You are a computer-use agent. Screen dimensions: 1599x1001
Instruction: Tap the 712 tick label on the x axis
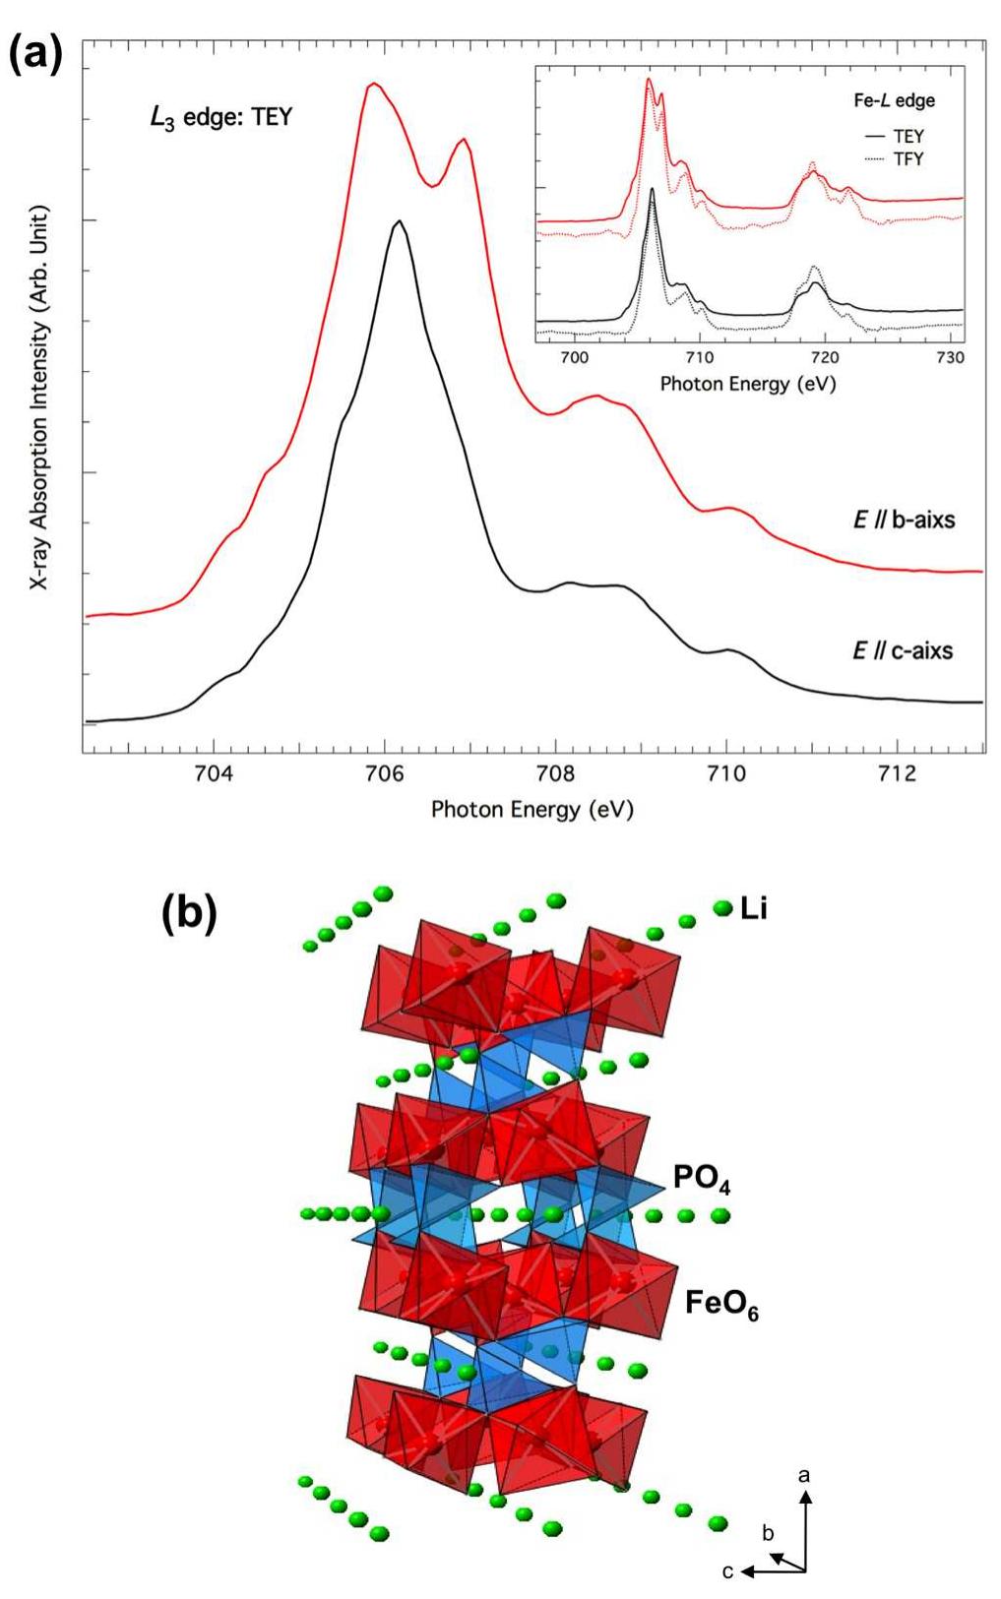(895, 773)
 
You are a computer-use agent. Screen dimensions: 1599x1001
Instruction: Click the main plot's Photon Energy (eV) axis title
(532, 810)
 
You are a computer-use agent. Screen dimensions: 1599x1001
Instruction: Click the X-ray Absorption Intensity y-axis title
(38, 398)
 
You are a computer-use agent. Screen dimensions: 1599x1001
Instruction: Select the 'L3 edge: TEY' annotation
(220, 117)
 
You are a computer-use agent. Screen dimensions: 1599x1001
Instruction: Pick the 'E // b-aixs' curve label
(903, 519)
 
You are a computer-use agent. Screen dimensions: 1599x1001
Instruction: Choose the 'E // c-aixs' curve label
(902, 650)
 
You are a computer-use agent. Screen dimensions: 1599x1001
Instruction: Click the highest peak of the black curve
(398, 221)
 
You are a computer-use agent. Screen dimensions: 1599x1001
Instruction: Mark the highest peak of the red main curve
(372, 85)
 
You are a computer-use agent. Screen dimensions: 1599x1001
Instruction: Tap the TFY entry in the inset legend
(907, 158)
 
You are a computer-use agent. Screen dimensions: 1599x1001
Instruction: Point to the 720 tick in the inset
(824, 358)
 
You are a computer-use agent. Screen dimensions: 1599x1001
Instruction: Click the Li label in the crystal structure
(753, 908)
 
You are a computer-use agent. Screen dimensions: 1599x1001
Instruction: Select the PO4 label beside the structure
(701, 1177)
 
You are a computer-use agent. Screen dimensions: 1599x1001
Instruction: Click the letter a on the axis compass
(805, 1475)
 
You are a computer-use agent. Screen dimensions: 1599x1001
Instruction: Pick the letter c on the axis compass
(727, 1571)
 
